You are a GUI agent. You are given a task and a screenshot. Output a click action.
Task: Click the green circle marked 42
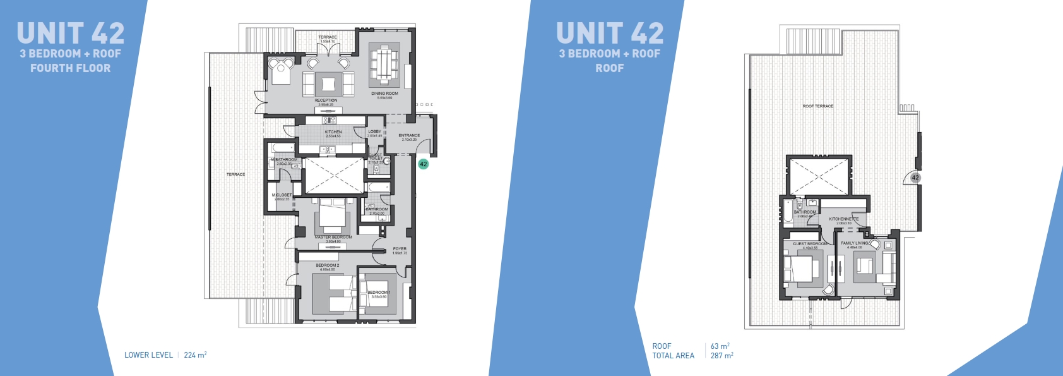[x=423, y=164]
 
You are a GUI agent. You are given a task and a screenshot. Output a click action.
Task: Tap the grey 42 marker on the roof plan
[x=915, y=178]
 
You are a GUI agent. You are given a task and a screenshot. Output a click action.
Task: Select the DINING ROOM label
[x=384, y=94]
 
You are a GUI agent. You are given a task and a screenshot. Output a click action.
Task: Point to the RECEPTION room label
[x=326, y=100]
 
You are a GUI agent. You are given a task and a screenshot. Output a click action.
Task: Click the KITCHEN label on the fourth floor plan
[x=333, y=132]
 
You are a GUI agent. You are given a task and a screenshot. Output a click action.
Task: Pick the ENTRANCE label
[x=409, y=135]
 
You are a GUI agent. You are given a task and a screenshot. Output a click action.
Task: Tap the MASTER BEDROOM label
[x=333, y=238]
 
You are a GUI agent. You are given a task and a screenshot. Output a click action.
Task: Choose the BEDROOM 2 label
[x=328, y=265]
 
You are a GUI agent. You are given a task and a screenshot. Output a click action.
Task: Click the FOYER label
[x=400, y=249]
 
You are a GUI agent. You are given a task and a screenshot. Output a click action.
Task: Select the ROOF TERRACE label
[x=818, y=106]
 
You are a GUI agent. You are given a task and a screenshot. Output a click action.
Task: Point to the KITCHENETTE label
[x=844, y=219]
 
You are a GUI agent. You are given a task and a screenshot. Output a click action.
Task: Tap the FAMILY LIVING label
[x=855, y=243]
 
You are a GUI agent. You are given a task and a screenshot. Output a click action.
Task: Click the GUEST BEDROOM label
[x=810, y=244]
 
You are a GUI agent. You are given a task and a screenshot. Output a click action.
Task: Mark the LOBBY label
[x=374, y=132]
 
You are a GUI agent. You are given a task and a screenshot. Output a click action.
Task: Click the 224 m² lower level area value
[x=195, y=355]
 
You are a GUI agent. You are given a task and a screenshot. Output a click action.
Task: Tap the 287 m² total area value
[x=722, y=356]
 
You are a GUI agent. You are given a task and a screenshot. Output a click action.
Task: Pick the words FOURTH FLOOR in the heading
[x=70, y=68]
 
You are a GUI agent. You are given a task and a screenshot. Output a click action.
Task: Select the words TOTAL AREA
[x=673, y=356]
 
